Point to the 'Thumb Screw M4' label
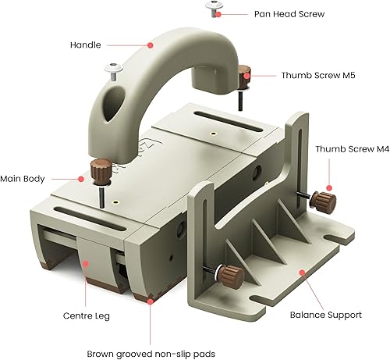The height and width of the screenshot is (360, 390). [x=349, y=148]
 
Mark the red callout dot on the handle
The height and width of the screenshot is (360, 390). [x=154, y=46]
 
